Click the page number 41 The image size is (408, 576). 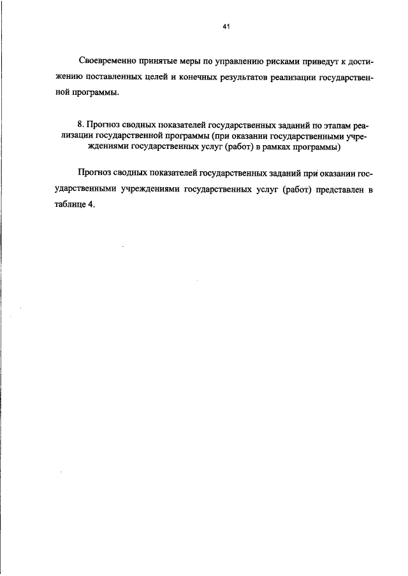tap(226, 27)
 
